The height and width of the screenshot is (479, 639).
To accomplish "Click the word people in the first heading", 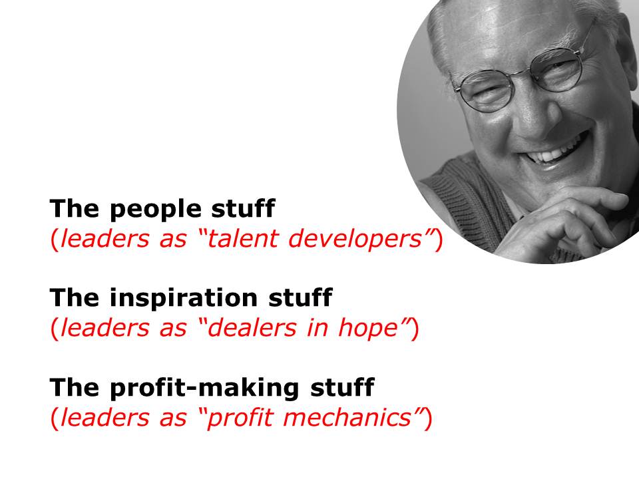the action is coord(156,209).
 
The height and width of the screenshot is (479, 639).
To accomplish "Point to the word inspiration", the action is coord(184,298).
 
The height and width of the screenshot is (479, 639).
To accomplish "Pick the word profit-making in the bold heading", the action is coord(204,388).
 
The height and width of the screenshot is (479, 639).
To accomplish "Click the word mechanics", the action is coord(347,417).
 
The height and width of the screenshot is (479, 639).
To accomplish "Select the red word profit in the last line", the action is coord(239,418).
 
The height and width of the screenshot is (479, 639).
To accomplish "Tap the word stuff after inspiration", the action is coord(300,297).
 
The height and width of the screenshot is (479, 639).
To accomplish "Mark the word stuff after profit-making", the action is coord(342,387).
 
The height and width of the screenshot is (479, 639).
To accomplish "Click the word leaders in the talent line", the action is coord(105,238).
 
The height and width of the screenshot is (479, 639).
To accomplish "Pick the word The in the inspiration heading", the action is coord(74,297).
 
